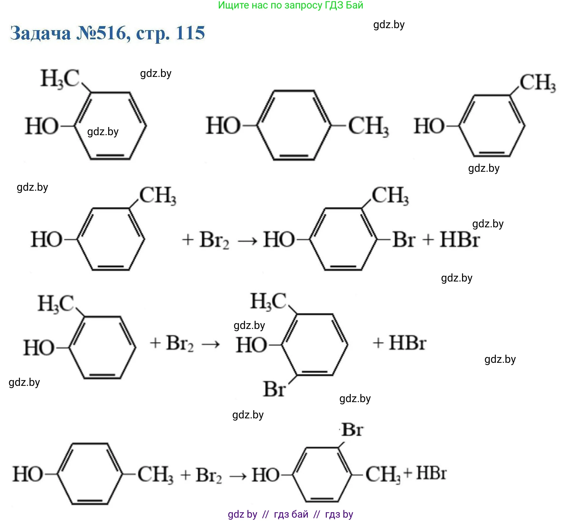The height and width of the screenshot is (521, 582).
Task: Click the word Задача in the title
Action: click(41, 33)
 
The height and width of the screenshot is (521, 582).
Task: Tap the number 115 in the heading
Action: click(190, 33)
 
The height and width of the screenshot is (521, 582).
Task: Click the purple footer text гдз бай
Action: click(291, 514)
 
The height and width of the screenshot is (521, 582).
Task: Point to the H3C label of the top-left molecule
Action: click(60, 79)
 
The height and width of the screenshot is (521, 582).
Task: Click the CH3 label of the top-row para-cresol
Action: click(368, 126)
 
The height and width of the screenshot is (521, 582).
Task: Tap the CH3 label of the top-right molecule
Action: click(537, 83)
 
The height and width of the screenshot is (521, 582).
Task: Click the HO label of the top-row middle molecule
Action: click(223, 126)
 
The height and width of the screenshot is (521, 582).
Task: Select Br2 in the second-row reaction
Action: click(214, 240)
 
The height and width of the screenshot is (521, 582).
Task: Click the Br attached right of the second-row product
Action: click(403, 240)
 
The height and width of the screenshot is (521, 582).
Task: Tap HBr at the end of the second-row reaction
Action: click(459, 240)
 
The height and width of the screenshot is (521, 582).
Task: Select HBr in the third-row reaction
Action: click(407, 343)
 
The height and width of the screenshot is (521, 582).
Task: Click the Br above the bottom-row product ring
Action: click(352, 430)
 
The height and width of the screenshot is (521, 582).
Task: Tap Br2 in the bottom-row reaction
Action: click(208, 475)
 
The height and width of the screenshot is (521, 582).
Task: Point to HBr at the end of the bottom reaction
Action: click(431, 473)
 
